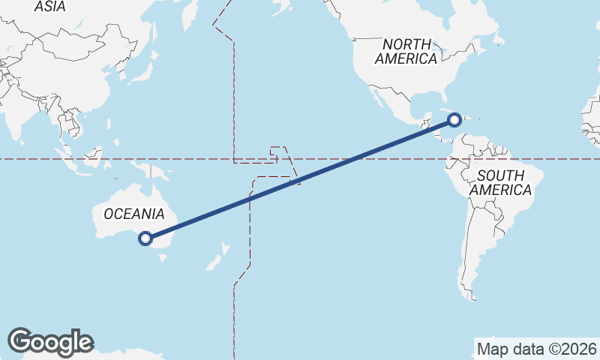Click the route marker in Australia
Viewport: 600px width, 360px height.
coord(145,239)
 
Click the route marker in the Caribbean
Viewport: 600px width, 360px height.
coord(454,119)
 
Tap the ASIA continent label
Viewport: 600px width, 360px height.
coord(50,7)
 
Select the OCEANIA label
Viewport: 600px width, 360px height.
coord(133,214)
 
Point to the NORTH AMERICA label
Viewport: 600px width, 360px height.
coord(406,51)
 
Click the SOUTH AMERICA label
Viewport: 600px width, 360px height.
coord(500,182)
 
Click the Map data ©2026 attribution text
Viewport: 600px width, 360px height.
coord(537,349)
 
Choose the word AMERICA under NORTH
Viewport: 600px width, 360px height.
coord(406,58)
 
